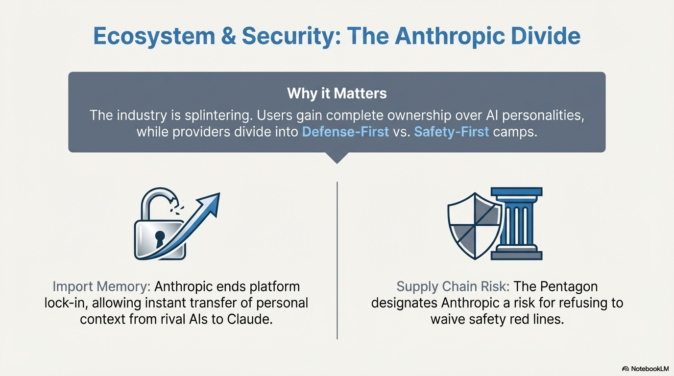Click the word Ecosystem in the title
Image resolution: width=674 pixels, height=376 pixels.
(x=154, y=36)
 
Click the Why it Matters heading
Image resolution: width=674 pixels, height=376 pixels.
(x=337, y=93)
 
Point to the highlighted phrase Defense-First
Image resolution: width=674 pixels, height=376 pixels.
(x=345, y=132)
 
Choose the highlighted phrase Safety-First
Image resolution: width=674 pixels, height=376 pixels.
(x=451, y=132)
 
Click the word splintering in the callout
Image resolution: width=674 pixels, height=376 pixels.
(x=218, y=116)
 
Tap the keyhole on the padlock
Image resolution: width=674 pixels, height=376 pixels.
(x=160, y=239)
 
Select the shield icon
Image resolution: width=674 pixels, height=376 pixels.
(x=474, y=226)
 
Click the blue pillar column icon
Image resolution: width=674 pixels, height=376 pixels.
(x=516, y=223)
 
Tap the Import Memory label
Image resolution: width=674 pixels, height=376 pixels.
(x=101, y=286)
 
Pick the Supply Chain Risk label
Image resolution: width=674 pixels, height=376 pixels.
(x=453, y=286)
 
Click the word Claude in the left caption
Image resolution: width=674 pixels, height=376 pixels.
(x=249, y=319)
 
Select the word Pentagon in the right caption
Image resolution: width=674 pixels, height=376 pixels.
(x=569, y=287)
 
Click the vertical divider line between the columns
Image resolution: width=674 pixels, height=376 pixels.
(x=337, y=260)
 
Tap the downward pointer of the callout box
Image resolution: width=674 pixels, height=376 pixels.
(x=337, y=158)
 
